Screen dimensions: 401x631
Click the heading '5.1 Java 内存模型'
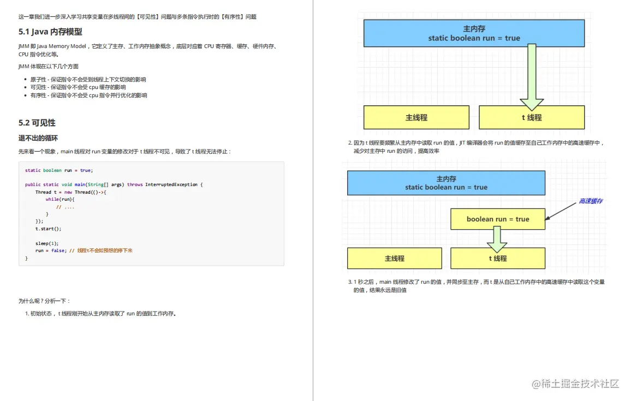point(50,32)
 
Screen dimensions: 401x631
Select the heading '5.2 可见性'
point(37,123)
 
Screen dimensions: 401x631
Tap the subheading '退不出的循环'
point(38,138)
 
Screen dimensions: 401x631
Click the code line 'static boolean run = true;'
point(59,170)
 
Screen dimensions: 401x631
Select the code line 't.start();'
point(49,229)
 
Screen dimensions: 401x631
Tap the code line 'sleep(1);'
point(47,243)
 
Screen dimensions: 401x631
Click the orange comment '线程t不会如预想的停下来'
point(105,251)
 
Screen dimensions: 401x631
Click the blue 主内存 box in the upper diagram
point(474,33)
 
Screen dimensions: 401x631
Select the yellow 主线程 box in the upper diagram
point(416,117)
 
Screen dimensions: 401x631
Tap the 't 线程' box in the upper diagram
point(532,117)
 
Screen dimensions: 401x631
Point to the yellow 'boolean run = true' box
point(497,219)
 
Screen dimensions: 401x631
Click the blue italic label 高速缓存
point(591,201)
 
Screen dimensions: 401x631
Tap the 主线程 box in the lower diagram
point(394,258)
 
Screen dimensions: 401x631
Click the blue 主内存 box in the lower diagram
point(446,183)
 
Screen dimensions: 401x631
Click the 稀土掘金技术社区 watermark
point(575,384)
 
